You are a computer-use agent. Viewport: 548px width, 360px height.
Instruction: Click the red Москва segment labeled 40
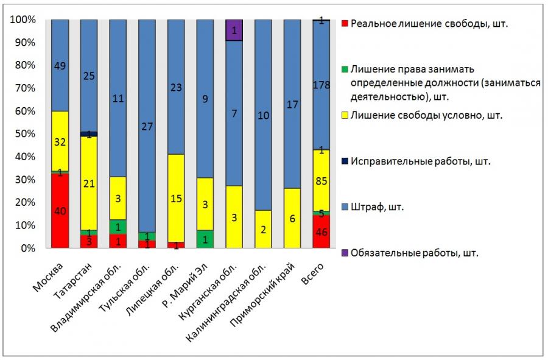point(60,211)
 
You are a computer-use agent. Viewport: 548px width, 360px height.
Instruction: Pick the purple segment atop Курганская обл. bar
point(234,30)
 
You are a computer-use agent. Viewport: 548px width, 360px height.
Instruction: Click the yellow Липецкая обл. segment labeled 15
point(176,197)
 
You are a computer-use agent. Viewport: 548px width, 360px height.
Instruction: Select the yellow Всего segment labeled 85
point(321,180)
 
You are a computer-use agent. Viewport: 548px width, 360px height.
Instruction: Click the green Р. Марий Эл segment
point(205,239)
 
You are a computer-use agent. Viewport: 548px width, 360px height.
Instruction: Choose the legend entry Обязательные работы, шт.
point(414,253)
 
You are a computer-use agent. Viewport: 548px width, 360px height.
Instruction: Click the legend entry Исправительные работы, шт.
point(420,162)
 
